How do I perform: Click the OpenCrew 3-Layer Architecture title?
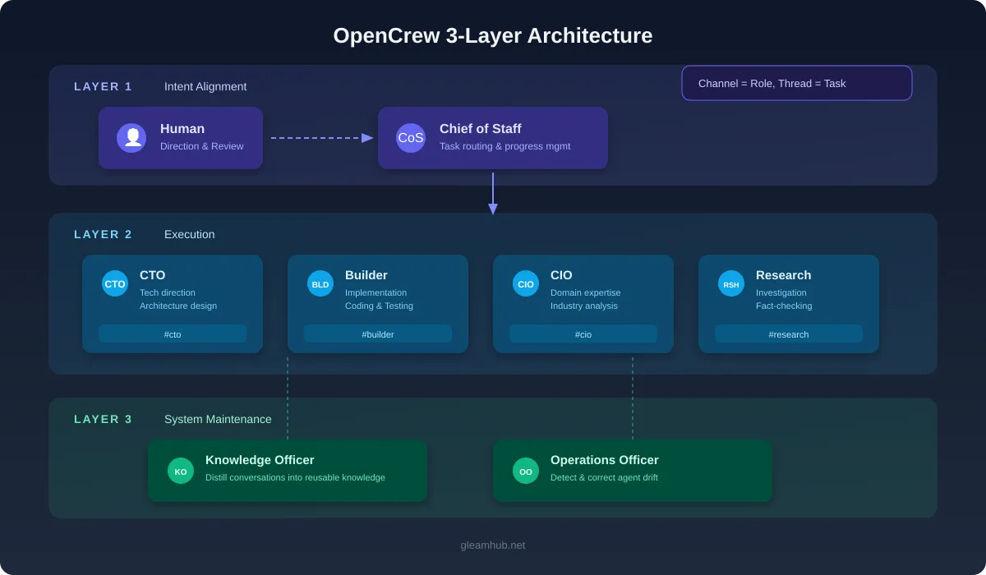[x=492, y=35]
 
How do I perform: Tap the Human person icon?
[x=131, y=138]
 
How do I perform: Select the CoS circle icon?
[x=411, y=138]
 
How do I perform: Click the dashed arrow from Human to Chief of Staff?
[x=320, y=138]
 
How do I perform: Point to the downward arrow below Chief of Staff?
[x=493, y=194]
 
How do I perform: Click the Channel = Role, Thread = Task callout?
[x=796, y=83]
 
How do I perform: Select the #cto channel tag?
[x=173, y=334]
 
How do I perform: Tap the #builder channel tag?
[x=378, y=334]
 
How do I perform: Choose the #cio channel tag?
[x=583, y=334]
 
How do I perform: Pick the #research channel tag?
[x=789, y=334]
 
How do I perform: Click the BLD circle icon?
[x=320, y=283]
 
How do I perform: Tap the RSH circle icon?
[x=731, y=283]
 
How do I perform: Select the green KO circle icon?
[x=181, y=471]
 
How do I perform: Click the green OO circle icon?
[x=526, y=471]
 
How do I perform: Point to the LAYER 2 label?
[x=103, y=234]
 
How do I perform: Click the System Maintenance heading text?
[x=218, y=419]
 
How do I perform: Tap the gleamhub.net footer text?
[x=492, y=545]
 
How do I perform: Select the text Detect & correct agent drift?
[x=604, y=477]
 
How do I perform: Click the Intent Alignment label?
[x=205, y=86]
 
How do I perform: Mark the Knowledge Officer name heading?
[x=260, y=460]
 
